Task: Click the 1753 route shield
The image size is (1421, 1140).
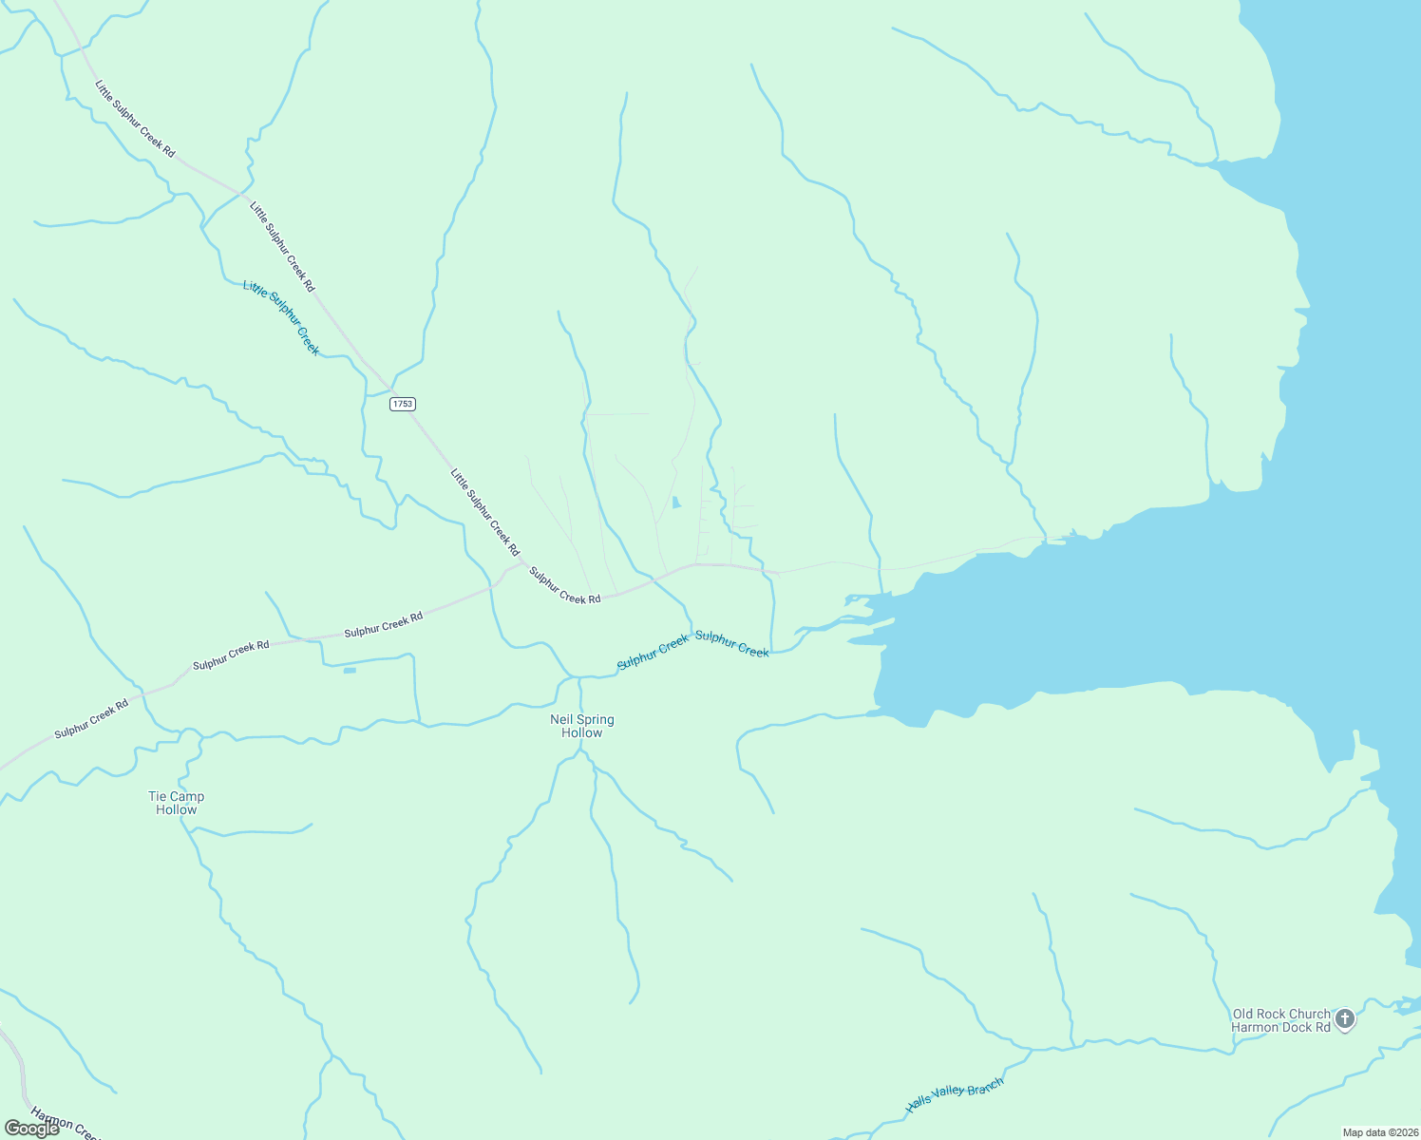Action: pos(403,404)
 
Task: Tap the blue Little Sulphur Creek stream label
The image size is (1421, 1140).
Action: pos(281,317)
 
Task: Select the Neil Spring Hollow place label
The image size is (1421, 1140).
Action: pos(582,726)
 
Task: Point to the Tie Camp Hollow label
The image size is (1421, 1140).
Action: pos(177,803)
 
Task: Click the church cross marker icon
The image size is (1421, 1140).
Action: pos(1344,1020)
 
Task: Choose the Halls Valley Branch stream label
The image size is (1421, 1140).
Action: pos(954,1095)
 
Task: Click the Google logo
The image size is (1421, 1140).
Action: pos(31,1128)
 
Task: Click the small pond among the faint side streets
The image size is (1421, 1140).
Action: pos(675,503)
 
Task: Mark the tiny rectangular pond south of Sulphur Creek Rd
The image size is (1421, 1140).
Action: pos(350,671)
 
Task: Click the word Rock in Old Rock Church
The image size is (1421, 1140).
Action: pos(1278,1014)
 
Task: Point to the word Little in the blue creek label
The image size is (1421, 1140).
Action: pos(253,288)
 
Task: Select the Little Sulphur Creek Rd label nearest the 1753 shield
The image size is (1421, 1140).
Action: pos(484,512)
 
